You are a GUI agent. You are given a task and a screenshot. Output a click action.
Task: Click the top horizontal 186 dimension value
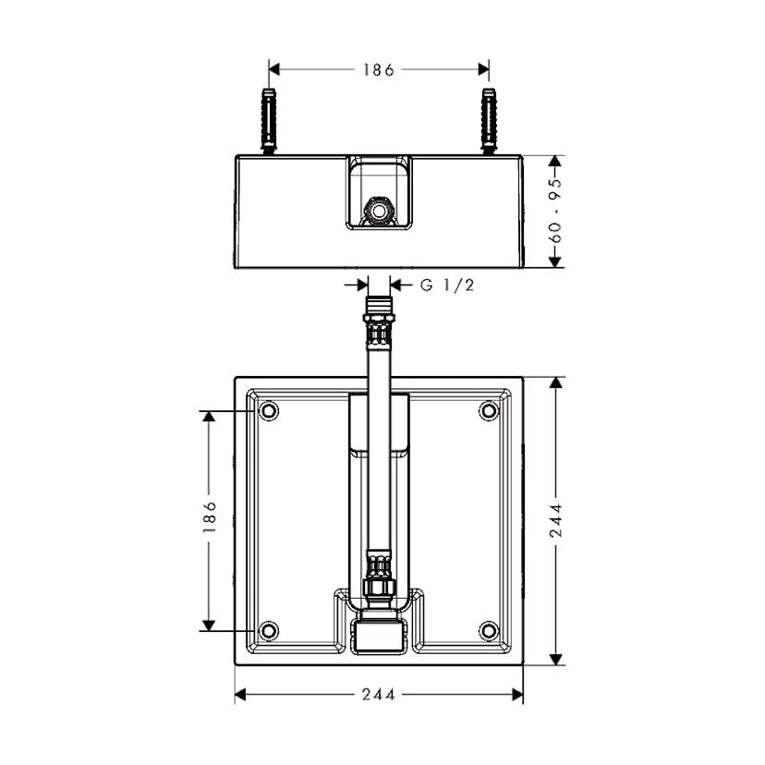[x=378, y=69]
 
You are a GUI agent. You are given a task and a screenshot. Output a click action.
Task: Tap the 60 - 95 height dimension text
[x=555, y=211]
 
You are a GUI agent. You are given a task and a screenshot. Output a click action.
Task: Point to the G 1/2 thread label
[x=447, y=285]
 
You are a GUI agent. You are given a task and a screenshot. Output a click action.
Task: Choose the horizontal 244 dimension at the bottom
[x=378, y=695]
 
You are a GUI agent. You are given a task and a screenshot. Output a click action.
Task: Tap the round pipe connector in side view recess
[x=379, y=211]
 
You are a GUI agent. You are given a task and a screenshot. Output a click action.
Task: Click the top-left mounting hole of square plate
[x=268, y=410]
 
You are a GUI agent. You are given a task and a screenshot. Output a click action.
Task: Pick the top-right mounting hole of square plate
[x=488, y=410]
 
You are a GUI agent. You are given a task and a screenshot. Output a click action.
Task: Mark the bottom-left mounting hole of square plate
[x=268, y=631]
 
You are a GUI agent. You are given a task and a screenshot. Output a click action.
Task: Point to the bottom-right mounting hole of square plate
[x=488, y=631]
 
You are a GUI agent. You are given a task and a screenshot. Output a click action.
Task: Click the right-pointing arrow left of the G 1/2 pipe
[x=361, y=285]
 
